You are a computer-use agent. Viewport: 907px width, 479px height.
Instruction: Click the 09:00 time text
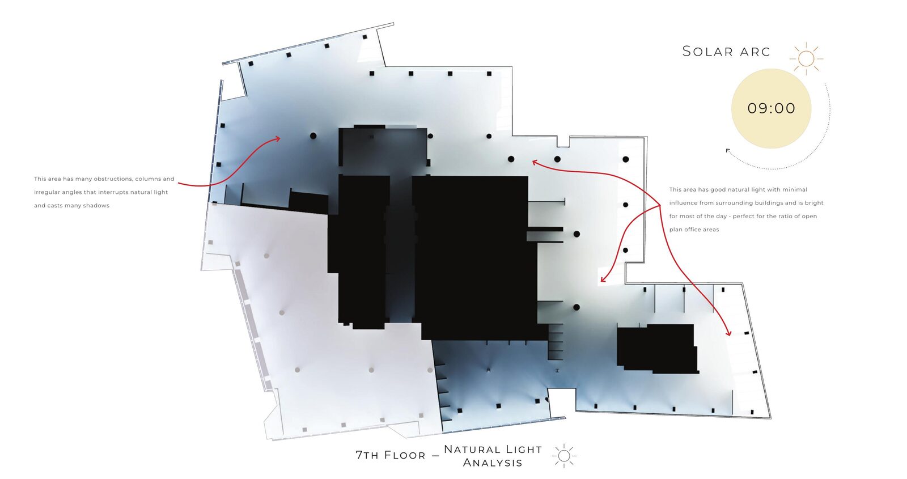point(772,108)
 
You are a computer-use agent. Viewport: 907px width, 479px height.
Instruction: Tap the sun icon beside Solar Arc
point(806,59)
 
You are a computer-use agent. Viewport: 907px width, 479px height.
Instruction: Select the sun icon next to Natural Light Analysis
point(564,456)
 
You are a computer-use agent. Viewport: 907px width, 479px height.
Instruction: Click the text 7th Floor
point(391,455)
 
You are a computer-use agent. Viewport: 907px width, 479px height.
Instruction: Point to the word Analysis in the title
point(493,463)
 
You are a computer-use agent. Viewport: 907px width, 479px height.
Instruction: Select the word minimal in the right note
point(794,189)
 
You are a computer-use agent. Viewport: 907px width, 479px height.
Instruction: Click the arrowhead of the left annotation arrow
point(278,139)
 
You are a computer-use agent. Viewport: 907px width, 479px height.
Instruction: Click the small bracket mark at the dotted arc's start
point(728,151)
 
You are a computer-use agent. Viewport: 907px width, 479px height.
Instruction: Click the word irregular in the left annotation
point(46,192)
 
